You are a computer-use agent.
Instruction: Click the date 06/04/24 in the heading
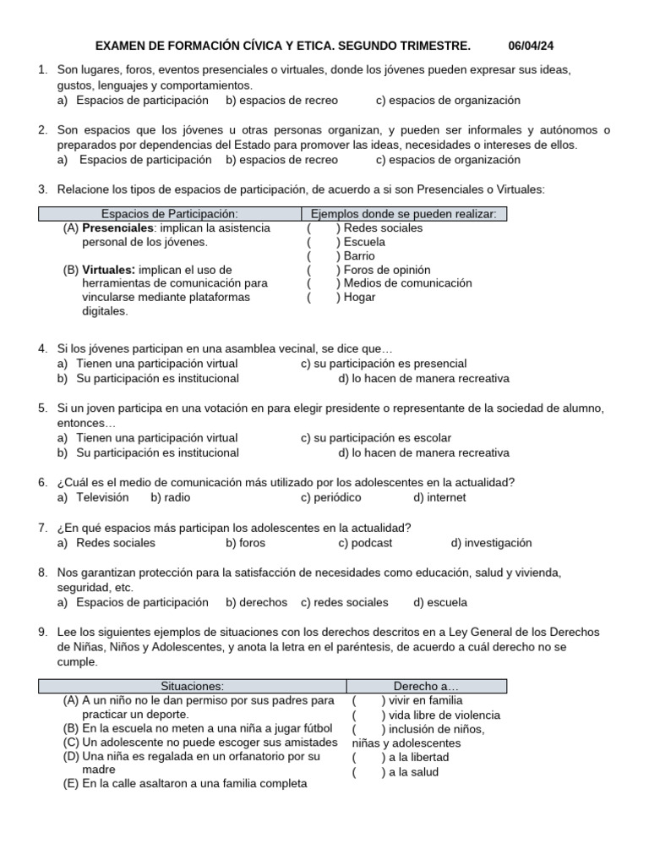532,45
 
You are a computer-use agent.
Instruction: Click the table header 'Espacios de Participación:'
169,214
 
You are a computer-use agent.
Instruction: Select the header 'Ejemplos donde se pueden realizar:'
403,214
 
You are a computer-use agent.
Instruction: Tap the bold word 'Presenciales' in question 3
117,228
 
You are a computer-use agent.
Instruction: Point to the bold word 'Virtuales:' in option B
109,270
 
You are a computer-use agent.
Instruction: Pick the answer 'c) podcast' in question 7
365,543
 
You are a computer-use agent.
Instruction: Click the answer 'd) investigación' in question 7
491,543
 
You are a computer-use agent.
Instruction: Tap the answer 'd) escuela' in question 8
439,602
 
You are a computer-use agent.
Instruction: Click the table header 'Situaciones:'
192,686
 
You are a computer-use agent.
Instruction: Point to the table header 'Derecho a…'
426,686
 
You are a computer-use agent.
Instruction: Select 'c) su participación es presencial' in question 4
378,364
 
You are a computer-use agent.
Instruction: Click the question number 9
42,632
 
